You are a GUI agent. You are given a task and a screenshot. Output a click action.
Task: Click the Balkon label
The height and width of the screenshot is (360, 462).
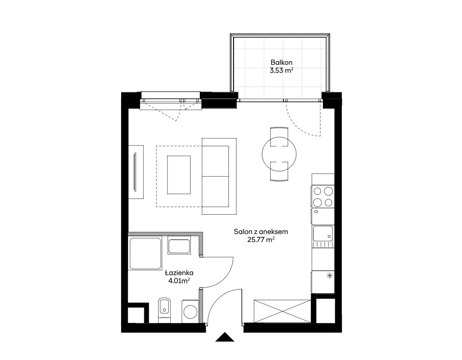[x=281, y=62]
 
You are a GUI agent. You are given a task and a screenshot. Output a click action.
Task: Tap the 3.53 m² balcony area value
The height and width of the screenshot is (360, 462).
[x=281, y=70]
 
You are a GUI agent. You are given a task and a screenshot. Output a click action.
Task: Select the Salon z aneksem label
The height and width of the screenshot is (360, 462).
[x=261, y=232]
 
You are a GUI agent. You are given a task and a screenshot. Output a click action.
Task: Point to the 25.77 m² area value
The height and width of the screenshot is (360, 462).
[x=261, y=240]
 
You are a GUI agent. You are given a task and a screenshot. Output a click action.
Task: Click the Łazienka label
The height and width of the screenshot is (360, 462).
[x=179, y=273]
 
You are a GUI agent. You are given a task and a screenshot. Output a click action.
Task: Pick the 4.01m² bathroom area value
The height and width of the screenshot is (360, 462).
[x=179, y=281]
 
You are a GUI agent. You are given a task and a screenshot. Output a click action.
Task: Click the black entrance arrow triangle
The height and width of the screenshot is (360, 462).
[x=225, y=337]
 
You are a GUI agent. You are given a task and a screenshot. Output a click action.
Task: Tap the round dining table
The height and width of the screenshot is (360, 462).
[x=279, y=154]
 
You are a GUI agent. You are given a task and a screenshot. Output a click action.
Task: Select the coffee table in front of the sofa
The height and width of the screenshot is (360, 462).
[x=179, y=175]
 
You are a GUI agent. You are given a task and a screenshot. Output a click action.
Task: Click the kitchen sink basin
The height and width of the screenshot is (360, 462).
[x=323, y=234]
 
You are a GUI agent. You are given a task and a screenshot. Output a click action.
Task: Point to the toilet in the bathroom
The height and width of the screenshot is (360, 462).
[x=165, y=310]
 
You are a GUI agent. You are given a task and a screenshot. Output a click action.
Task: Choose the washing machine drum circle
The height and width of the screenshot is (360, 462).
[x=191, y=311]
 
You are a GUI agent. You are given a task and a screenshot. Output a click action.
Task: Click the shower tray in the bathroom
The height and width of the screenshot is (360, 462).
[x=145, y=254]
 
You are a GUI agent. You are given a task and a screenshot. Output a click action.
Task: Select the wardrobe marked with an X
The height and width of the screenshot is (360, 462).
[x=282, y=311]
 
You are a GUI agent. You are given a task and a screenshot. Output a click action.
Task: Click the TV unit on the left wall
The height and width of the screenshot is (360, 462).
[x=136, y=172]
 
